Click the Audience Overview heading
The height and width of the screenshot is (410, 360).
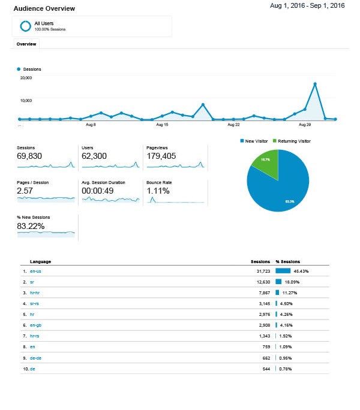[x=44, y=8]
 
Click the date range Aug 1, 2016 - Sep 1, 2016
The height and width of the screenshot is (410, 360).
[x=307, y=6]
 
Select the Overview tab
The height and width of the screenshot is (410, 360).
[x=26, y=44]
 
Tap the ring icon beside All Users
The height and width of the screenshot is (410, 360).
[x=25, y=26]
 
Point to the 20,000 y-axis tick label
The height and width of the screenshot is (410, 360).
[x=26, y=77]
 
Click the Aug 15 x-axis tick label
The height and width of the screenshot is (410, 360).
[x=161, y=125]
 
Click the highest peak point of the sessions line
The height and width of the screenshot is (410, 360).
[x=315, y=84]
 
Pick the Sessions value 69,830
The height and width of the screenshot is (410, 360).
[x=31, y=156]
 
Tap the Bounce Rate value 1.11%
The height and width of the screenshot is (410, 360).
[x=158, y=191]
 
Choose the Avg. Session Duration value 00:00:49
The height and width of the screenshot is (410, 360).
[x=100, y=191]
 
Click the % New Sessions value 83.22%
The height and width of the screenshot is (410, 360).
[x=31, y=226]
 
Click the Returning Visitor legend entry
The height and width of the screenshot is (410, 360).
[x=294, y=141]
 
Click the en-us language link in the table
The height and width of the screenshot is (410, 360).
[x=35, y=271]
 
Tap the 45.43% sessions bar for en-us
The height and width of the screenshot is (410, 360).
[x=283, y=271]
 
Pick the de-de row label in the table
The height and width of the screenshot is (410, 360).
[x=35, y=358]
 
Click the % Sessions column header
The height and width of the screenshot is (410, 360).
[x=288, y=262]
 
